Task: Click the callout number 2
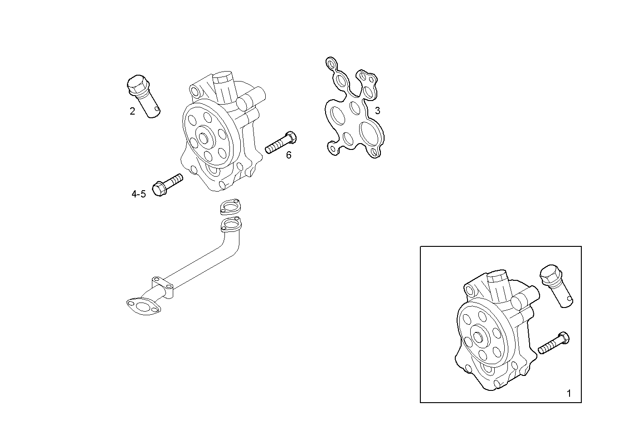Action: click(132, 111)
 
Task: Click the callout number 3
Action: click(377, 111)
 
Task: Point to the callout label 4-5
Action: click(139, 194)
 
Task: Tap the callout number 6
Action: click(288, 155)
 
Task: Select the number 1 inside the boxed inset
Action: click(569, 393)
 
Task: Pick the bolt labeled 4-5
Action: click(168, 184)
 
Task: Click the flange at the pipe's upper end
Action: click(231, 225)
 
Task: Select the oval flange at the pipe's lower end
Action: click(143, 306)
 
